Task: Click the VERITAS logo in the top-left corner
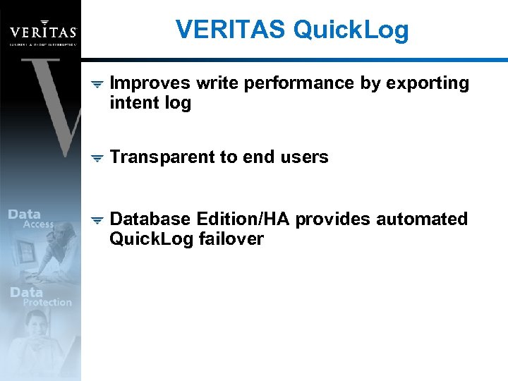click(x=43, y=31)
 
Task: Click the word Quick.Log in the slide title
click(x=350, y=30)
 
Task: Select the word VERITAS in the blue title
click(x=231, y=30)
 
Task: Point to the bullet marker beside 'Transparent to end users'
click(x=98, y=158)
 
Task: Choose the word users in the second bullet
click(x=305, y=157)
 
